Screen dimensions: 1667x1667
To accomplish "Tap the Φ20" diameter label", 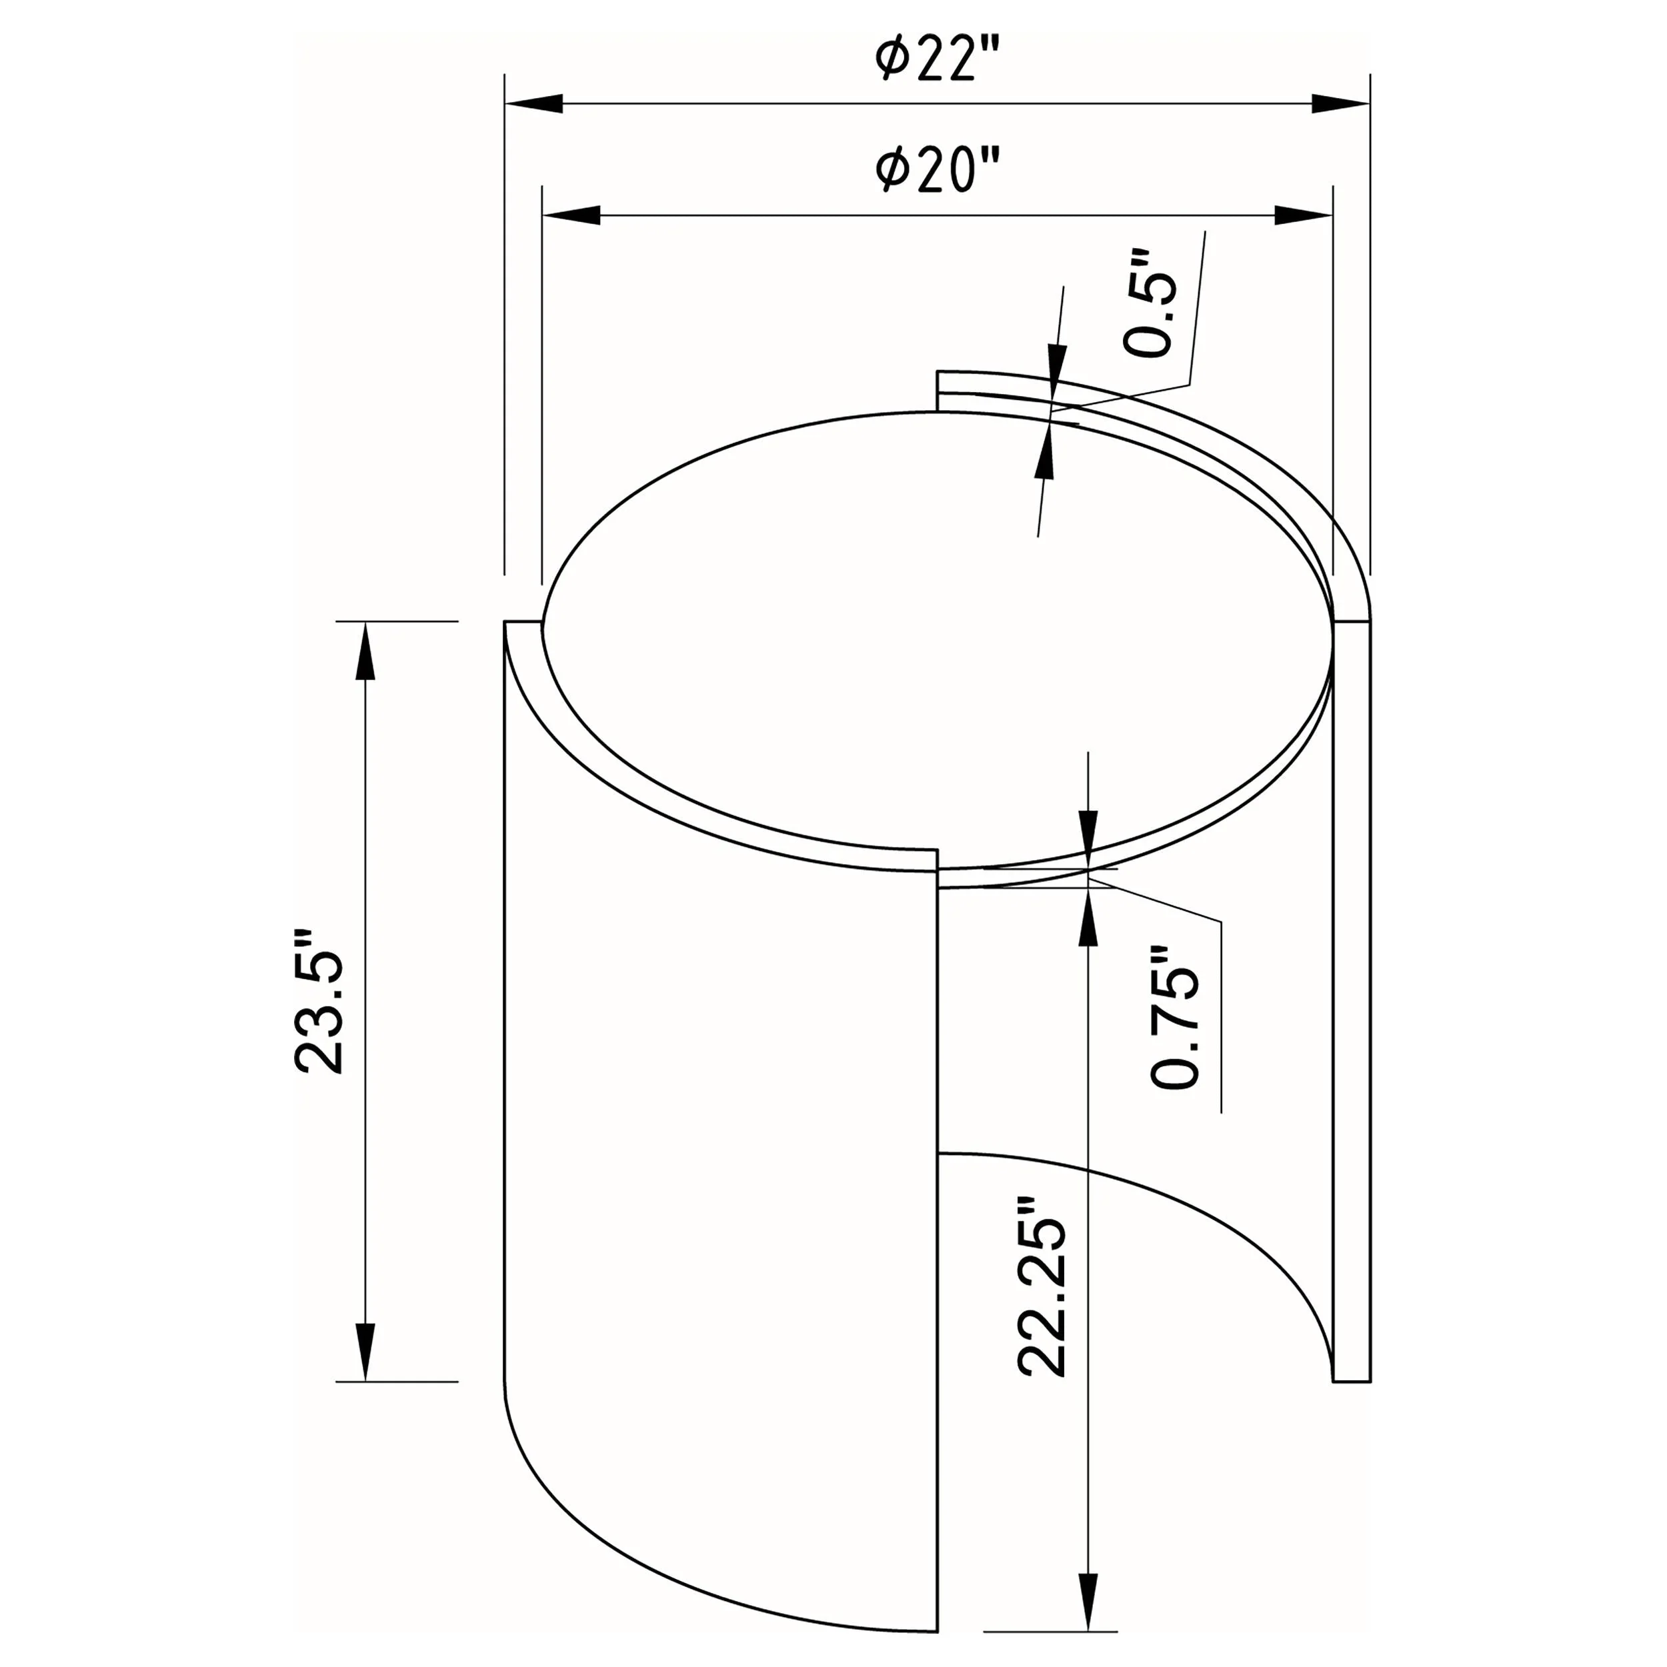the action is [938, 170].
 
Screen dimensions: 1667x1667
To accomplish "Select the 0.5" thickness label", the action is [1150, 303].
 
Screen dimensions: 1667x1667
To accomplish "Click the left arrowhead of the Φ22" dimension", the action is [534, 103].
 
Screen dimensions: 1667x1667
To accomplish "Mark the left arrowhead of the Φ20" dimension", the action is [571, 215].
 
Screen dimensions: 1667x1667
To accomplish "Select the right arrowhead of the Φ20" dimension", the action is [1304, 215].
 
